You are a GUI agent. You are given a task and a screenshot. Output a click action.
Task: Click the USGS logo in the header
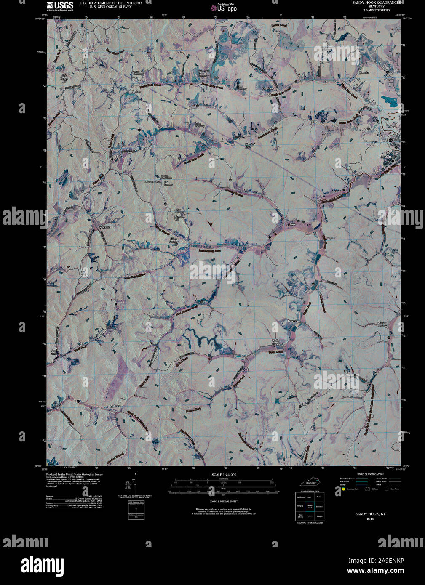60,5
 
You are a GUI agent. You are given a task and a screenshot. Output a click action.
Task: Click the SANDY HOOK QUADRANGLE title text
377,3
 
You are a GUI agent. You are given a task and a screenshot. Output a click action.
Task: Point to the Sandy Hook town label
388,157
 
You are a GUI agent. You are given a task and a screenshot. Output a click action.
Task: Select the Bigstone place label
268,89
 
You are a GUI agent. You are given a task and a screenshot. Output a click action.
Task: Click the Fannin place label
364,72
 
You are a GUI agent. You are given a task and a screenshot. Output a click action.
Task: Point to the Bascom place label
293,321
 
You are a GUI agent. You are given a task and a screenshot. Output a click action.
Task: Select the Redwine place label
115,406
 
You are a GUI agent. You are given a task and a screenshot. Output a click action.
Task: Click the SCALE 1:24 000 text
224,475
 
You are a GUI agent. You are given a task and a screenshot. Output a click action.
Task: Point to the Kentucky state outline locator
311,481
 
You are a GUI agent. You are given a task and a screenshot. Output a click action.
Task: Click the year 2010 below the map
370,519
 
